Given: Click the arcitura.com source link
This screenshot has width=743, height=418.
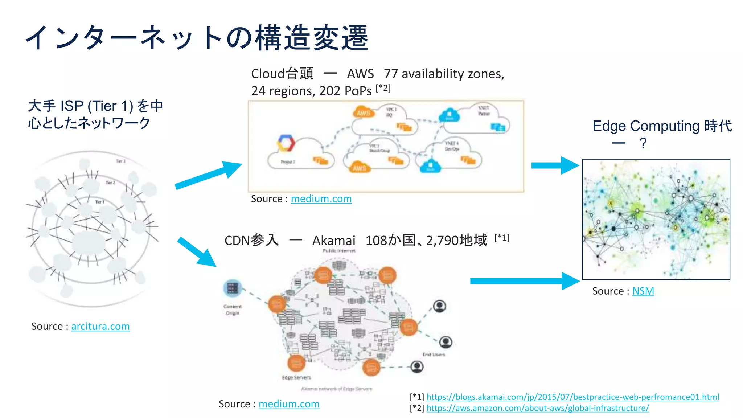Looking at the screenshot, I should (100, 327).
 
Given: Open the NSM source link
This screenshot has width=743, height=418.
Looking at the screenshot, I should (643, 291).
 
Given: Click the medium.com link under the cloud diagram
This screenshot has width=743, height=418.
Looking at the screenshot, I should (321, 199).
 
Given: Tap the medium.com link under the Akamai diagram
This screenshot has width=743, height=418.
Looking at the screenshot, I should (289, 404).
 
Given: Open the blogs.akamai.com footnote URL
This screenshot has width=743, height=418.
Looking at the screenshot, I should (572, 397).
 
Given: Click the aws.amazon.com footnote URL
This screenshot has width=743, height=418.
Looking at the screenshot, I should (537, 408).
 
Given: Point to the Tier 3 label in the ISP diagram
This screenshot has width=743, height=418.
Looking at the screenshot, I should (120, 161).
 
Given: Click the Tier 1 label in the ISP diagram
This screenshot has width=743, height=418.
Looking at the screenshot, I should (99, 202).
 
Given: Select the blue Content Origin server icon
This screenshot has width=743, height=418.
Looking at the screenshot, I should (233, 288).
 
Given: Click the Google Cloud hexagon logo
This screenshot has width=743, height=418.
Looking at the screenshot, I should (286, 143).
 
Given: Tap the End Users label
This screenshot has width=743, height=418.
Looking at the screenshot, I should (434, 355).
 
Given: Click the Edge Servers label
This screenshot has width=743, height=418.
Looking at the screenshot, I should (296, 377).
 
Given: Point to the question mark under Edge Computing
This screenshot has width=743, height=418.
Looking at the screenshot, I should (643, 143).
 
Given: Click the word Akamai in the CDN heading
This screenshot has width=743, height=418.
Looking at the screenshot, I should (334, 241).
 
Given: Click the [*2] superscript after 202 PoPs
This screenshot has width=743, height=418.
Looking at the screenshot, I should (383, 88).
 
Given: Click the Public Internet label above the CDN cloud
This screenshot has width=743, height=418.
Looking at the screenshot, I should (339, 251).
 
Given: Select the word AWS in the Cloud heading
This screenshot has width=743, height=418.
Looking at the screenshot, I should (360, 74).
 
